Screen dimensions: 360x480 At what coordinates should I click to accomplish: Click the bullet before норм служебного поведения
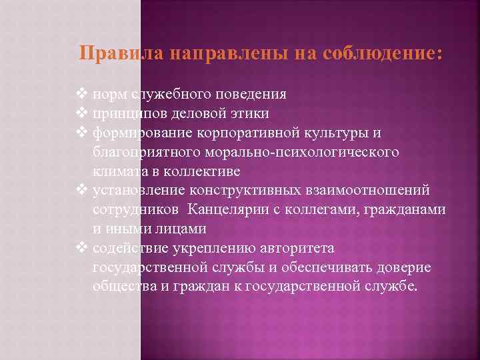83,94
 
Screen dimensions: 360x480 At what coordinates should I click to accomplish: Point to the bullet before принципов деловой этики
83,113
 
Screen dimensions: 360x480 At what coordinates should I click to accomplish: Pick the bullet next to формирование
83,133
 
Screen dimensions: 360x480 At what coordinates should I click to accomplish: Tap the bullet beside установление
83,191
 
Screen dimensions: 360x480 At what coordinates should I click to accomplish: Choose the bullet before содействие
83,248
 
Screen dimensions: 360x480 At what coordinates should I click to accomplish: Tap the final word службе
393,287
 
